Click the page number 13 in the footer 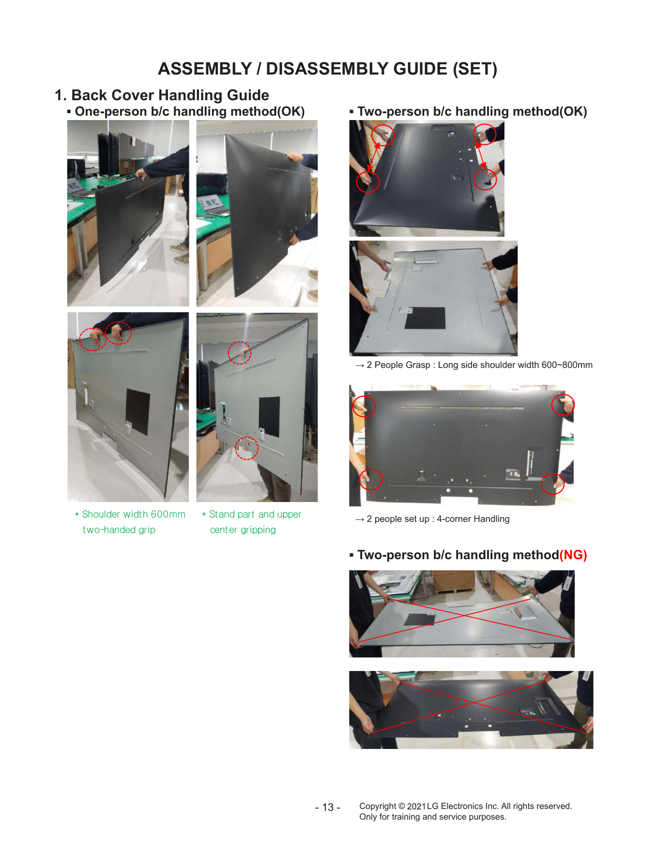(328, 807)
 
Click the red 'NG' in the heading (573, 555)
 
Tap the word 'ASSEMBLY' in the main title (205, 69)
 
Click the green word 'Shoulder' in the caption (101, 514)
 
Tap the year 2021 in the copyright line (416, 806)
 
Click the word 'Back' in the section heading (89, 95)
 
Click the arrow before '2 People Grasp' (360, 366)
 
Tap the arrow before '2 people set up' (360, 519)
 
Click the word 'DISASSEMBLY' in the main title (357, 69)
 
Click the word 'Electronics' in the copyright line (462, 806)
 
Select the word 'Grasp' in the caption (417, 365)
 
